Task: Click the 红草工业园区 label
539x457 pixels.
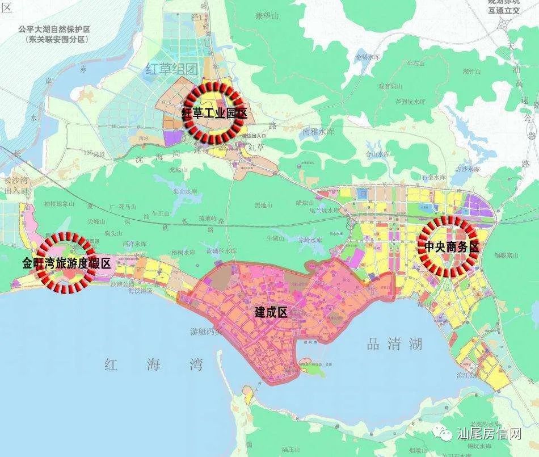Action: [214, 113]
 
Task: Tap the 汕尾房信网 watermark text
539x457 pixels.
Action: [489, 435]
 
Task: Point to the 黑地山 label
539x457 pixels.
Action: [264, 205]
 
